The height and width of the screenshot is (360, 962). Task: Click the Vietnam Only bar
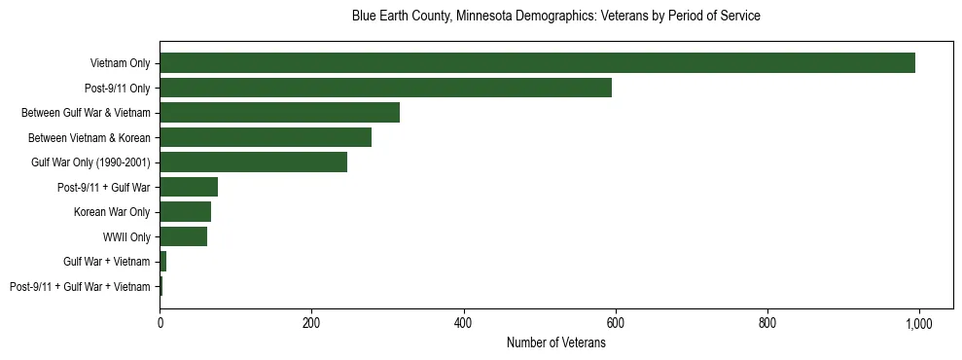(537, 63)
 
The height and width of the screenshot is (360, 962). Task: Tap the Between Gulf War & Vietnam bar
(279, 113)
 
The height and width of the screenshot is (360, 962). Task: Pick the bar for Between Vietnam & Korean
(266, 137)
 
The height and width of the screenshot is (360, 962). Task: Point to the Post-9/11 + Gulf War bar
(189, 187)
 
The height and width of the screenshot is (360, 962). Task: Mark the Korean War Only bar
(185, 212)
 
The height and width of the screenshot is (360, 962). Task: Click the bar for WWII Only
(183, 236)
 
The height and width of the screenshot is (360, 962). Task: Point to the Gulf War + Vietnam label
(107, 262)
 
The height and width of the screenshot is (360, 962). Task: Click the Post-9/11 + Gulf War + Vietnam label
(80, 286)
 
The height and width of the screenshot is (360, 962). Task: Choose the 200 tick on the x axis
(311, 324)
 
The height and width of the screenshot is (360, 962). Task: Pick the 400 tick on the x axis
(463, 324)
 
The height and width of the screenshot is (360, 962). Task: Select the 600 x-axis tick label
(615, 324)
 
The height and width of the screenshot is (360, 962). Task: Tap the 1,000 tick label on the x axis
(918, 324)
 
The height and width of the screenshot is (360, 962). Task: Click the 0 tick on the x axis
(160, 324)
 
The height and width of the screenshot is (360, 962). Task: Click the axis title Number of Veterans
(556, 342)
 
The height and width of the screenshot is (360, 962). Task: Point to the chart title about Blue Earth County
(556, 17)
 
